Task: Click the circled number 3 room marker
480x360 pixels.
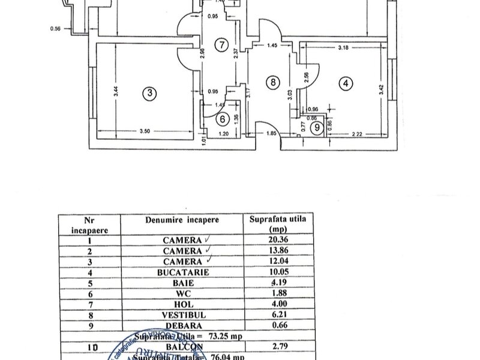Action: [x=149, y=93]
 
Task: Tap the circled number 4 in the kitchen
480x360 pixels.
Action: [x=344, y=85]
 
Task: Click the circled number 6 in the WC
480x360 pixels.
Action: [x=221, y=119]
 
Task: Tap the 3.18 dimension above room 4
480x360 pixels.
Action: [x=344, y=47]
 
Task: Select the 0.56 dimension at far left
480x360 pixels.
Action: [x=56, y=29]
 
